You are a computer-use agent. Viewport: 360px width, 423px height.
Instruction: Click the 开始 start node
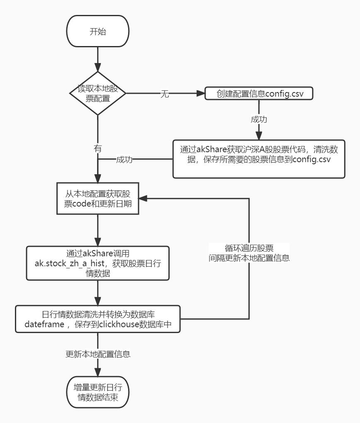click(x=97, y=32)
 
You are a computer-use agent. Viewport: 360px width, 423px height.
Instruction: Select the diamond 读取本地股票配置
click(x=97, y=94)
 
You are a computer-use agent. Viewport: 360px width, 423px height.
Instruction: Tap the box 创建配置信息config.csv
click(x=259, y=94)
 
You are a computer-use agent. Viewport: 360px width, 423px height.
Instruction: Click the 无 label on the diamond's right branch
click(x=165, y=94)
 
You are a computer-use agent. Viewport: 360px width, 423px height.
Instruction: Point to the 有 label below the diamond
click(x=98, y=148)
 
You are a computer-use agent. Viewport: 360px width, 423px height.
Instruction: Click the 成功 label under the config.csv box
click(x=259, y=119)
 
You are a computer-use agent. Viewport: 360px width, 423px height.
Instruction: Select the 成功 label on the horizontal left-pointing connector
click(x=124, y=160)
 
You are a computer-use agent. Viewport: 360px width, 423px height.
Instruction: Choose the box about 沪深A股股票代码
click(x=259, y=159)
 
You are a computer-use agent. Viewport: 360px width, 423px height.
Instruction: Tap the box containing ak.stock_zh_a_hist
click(x=97, y=263)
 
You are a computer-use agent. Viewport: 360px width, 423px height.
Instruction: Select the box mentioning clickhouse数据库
click(x=97, y=319)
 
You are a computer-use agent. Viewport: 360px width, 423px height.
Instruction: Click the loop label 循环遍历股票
click(x=249, y=248)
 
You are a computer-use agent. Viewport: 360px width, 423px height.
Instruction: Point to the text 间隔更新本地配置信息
click(x=249, y=258)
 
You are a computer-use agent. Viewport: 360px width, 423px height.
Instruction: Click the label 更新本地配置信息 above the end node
click(x=98, y=354)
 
